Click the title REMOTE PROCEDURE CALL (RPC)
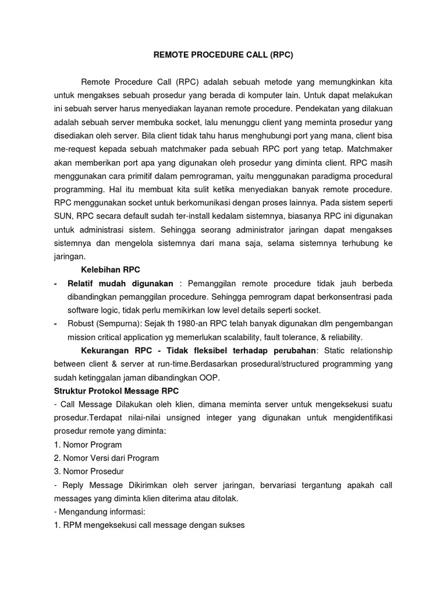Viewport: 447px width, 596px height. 223,56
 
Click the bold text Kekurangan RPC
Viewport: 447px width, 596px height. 119,350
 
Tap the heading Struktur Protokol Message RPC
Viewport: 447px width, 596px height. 131,391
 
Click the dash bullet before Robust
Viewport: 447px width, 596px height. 55,323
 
